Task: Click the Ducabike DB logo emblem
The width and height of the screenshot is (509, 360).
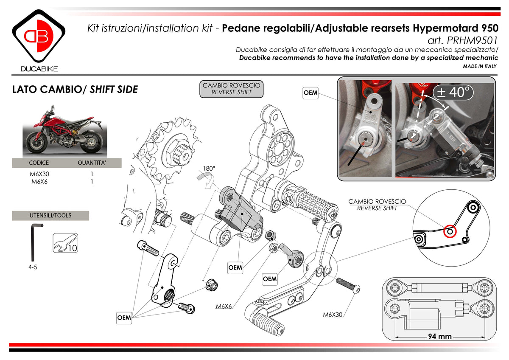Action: pyautogui.click(x=39, y=37)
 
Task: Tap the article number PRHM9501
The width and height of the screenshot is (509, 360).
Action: pyautogui.click(x=471, y=40)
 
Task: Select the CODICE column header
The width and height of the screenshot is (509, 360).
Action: pyautogui.click(x=39, y=163)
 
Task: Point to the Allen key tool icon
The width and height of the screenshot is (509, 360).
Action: pyautogui.click(x=35, y=242)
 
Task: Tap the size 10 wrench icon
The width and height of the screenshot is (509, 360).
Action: pyautogui.click(x=65, y=243)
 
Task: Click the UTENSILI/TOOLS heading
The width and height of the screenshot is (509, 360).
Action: pyautogui.click(x=50, y=215)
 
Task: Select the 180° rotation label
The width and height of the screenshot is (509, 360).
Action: pyautogui.click(x=209, y=169)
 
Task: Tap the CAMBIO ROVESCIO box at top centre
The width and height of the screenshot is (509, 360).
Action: pyautogui.click(x=232, y=89)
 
